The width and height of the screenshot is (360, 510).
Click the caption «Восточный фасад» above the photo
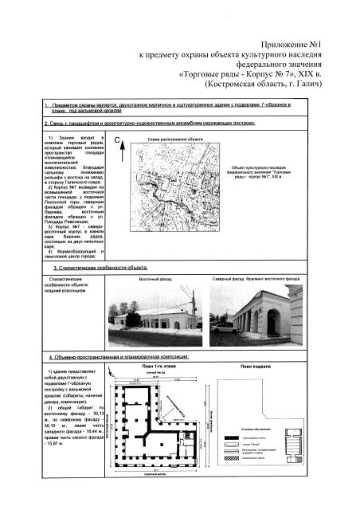[x=155, y=279]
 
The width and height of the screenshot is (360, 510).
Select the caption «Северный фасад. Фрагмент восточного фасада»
[x=256, y=279]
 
